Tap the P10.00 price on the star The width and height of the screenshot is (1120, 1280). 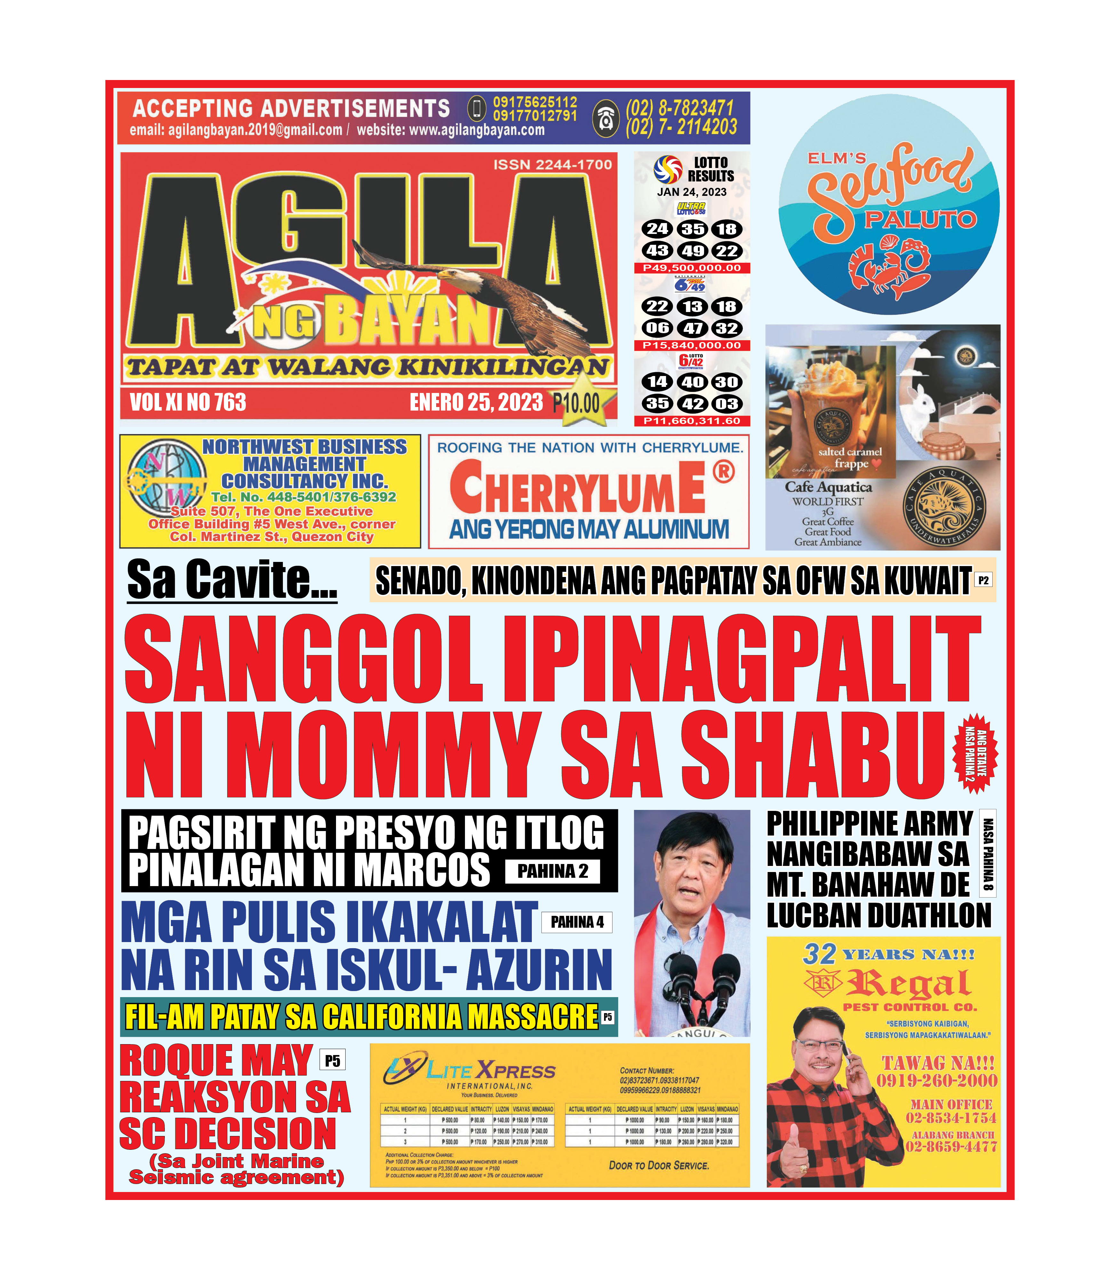[576, 403]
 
